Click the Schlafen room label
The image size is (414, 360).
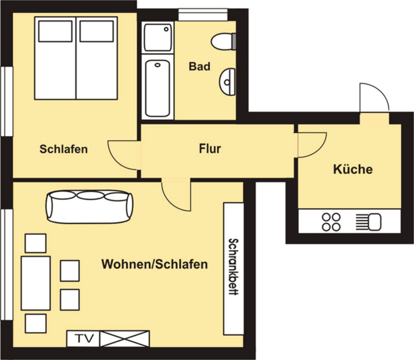click(64, 149)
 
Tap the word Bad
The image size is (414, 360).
click(199, 65)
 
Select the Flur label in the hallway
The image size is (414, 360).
click(210, 148)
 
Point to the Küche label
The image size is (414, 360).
click(353, 169)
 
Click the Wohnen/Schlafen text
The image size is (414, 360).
click(154, 264)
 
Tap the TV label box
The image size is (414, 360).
click(83, 338)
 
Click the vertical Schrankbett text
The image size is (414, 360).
click(233, 267)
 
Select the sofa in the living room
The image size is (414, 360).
click(89, 204)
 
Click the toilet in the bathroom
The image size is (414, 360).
click(223, 41)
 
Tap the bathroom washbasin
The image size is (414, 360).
click(227, 79)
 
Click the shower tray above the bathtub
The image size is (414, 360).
click(158, 39)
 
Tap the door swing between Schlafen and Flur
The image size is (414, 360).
click(122, 154)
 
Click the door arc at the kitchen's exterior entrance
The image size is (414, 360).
click(374, 98)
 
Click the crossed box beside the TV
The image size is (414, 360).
click(125, 338)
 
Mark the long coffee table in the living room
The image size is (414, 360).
click(35, 283)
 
